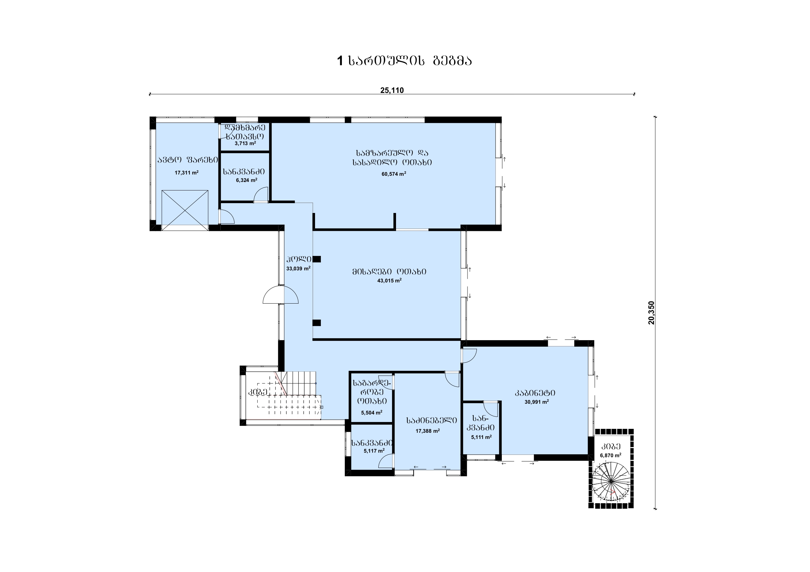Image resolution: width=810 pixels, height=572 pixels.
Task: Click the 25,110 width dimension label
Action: coord(392,90)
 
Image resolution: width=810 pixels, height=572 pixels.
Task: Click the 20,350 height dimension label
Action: coord(651,313)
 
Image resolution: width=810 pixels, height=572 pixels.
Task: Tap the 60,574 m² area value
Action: coord(394,174)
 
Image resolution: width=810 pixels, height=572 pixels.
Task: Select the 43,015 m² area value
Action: coord(389,281)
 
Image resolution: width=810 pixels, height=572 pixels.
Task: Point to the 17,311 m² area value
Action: coord(187,173)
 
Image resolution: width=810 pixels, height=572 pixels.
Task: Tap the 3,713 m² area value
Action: coord(245,143)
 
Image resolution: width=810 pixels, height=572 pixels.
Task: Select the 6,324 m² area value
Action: coord(246,180)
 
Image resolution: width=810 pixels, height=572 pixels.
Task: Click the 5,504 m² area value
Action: coord(372,412)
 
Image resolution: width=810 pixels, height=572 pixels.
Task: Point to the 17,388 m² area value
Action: coord(428,431)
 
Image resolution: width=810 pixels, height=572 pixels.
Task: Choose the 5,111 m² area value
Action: coord(481,437)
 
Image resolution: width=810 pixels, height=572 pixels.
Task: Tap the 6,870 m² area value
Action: coord(611,455)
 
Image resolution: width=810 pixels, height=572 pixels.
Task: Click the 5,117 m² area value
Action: coord(374,451)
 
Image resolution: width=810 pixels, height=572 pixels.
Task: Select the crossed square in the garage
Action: coord(185,208)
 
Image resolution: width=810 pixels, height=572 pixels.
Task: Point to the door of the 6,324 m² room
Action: coord(261,195)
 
